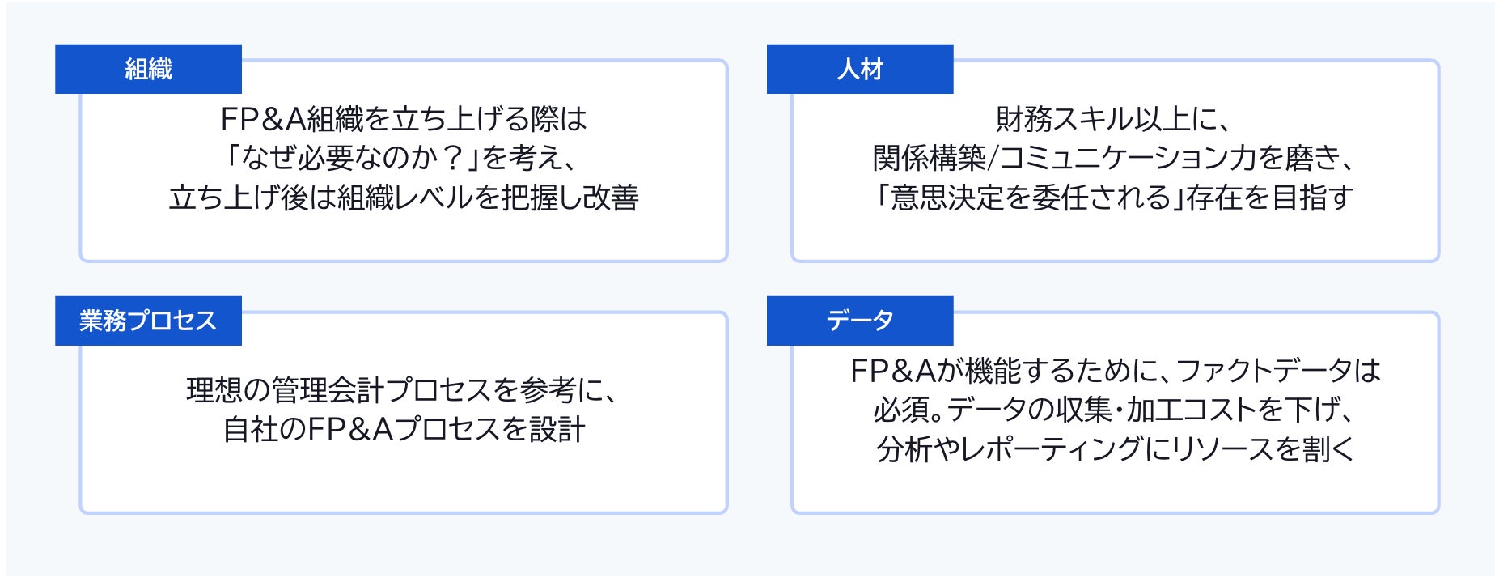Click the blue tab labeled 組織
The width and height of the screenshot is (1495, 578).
click(x=148, y=69)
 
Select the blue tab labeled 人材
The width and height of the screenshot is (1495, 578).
click(x=860, y=69)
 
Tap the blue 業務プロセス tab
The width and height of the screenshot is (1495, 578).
click(x=148, y=321)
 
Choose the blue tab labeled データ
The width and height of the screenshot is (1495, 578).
click(x=860, y=321)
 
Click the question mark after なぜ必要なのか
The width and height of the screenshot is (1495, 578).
click(x=454, y=158)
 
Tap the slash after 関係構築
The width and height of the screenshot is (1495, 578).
click(x=993, y=158)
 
